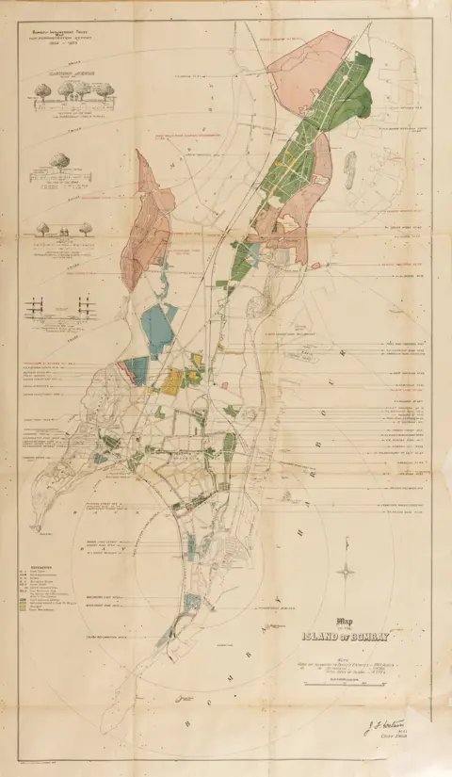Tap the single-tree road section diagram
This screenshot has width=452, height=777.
(x=62, y=168)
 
